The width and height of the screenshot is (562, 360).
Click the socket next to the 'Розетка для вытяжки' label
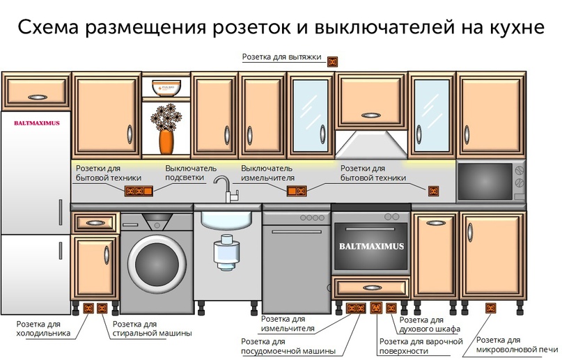[x=333, y=61]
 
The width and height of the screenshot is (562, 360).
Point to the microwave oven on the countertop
[x=490, y=182]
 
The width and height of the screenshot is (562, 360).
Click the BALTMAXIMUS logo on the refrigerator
[x=37, y=123]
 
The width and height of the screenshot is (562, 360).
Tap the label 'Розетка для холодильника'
[x=43, y=328]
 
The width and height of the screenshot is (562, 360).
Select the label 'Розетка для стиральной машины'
[x=152, y=328]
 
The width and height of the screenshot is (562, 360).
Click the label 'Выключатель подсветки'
[x=191, y=173]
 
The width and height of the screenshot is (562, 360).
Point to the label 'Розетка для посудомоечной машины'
[x=288, y=346]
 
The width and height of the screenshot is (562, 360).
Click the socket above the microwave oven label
[x=491, y=308]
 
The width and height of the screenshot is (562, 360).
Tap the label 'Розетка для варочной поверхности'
[x=421, y=346]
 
